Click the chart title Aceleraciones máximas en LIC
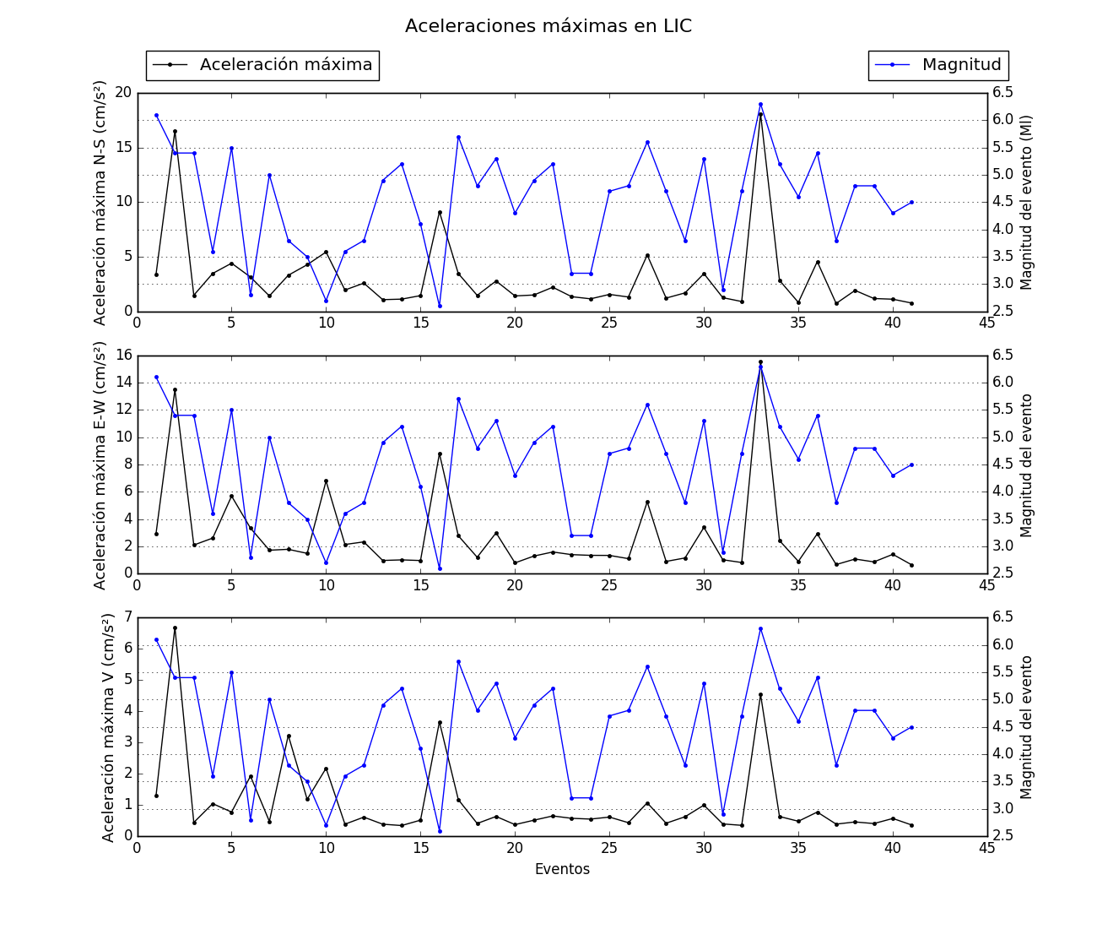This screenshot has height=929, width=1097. pyautogui.click(x=548, y=26)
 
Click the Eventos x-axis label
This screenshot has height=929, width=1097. pyautogui.click(x=562, y=869)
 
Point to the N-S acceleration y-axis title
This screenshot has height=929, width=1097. pyautogui.click(x=100, y=203)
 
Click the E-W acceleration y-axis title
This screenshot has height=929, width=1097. pyautogui.click(x=100, y=465)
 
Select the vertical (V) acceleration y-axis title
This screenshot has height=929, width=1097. pyautogui.click(x=108, y=727)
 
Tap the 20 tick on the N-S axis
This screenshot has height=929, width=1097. pyautogui.click(x=123, y=92)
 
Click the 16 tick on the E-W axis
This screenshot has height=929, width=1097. pyautogui.click(x=123, y=355)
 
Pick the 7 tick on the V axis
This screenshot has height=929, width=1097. pyautogui.click(x=127, y=617)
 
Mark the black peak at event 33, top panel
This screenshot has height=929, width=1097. pyautogui.click(x=760, y=114)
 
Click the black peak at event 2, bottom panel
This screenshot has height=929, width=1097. pyautogui.click(x=175, y=627)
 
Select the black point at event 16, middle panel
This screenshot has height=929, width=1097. pyautogui.click(x=440, y=454)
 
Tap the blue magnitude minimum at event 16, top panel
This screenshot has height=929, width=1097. pyautogui.click(x=440, y=306)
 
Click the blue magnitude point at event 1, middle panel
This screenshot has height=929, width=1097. pyautogui.click(x=156, y=377)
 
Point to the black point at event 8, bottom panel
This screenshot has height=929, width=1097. pyautogui.click(x=289, y=736)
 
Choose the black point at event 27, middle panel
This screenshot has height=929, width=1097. pyautogui.click(x=647, y=502)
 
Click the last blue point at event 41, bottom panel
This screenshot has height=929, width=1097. pyautogui.click(x=911, y=727)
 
